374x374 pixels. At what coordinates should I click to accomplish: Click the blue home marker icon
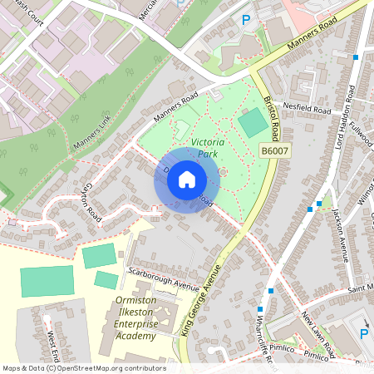click(x=187, y=179)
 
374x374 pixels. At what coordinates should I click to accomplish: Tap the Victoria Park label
click(x=208, y=149)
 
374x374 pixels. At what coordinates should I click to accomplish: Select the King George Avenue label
click(x=199, y=300)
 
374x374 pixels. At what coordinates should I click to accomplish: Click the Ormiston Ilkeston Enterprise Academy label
click(x=135, y=318)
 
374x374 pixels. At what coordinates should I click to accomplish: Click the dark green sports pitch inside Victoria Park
click(x=253, y=124)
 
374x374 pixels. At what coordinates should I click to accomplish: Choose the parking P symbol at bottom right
click(x=363, y=334)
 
